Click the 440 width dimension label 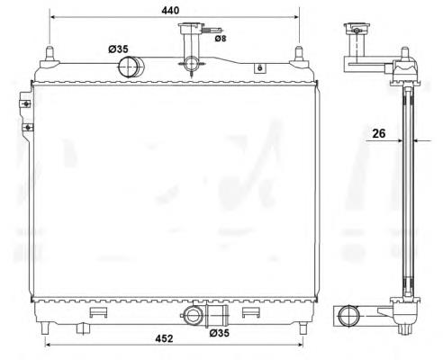coord(170,11)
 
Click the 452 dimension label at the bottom coord(164,338)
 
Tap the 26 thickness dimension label coord(379,133)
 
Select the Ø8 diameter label coord(221,39)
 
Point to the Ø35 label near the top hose coord(118,49)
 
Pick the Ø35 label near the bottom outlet coord(220,333)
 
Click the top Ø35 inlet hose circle coord(127,67)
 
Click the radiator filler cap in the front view coord(191,28)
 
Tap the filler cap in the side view coord(357,29)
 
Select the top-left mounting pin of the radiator coord(50,54)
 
